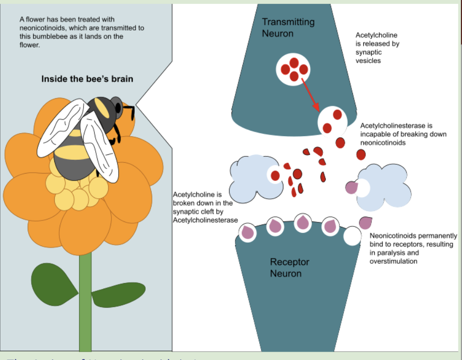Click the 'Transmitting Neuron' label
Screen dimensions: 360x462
[x=288, y=28]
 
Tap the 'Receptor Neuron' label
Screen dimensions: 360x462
[x=289, y=268]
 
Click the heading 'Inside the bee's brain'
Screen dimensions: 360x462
[x=87, y=79]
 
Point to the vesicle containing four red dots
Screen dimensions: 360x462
[x=294, y=69]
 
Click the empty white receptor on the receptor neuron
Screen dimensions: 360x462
[x=352, y=236]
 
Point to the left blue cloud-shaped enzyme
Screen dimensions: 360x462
[x=252, y=173]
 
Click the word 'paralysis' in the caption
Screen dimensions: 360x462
[x=386, y=252]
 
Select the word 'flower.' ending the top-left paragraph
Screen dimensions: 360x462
[x=29, y=45]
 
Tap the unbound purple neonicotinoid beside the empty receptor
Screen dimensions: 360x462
[x=366, y=222]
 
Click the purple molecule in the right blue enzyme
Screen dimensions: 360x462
[x=351, y=187]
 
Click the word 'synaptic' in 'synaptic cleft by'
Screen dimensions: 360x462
[x=185, y=211]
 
